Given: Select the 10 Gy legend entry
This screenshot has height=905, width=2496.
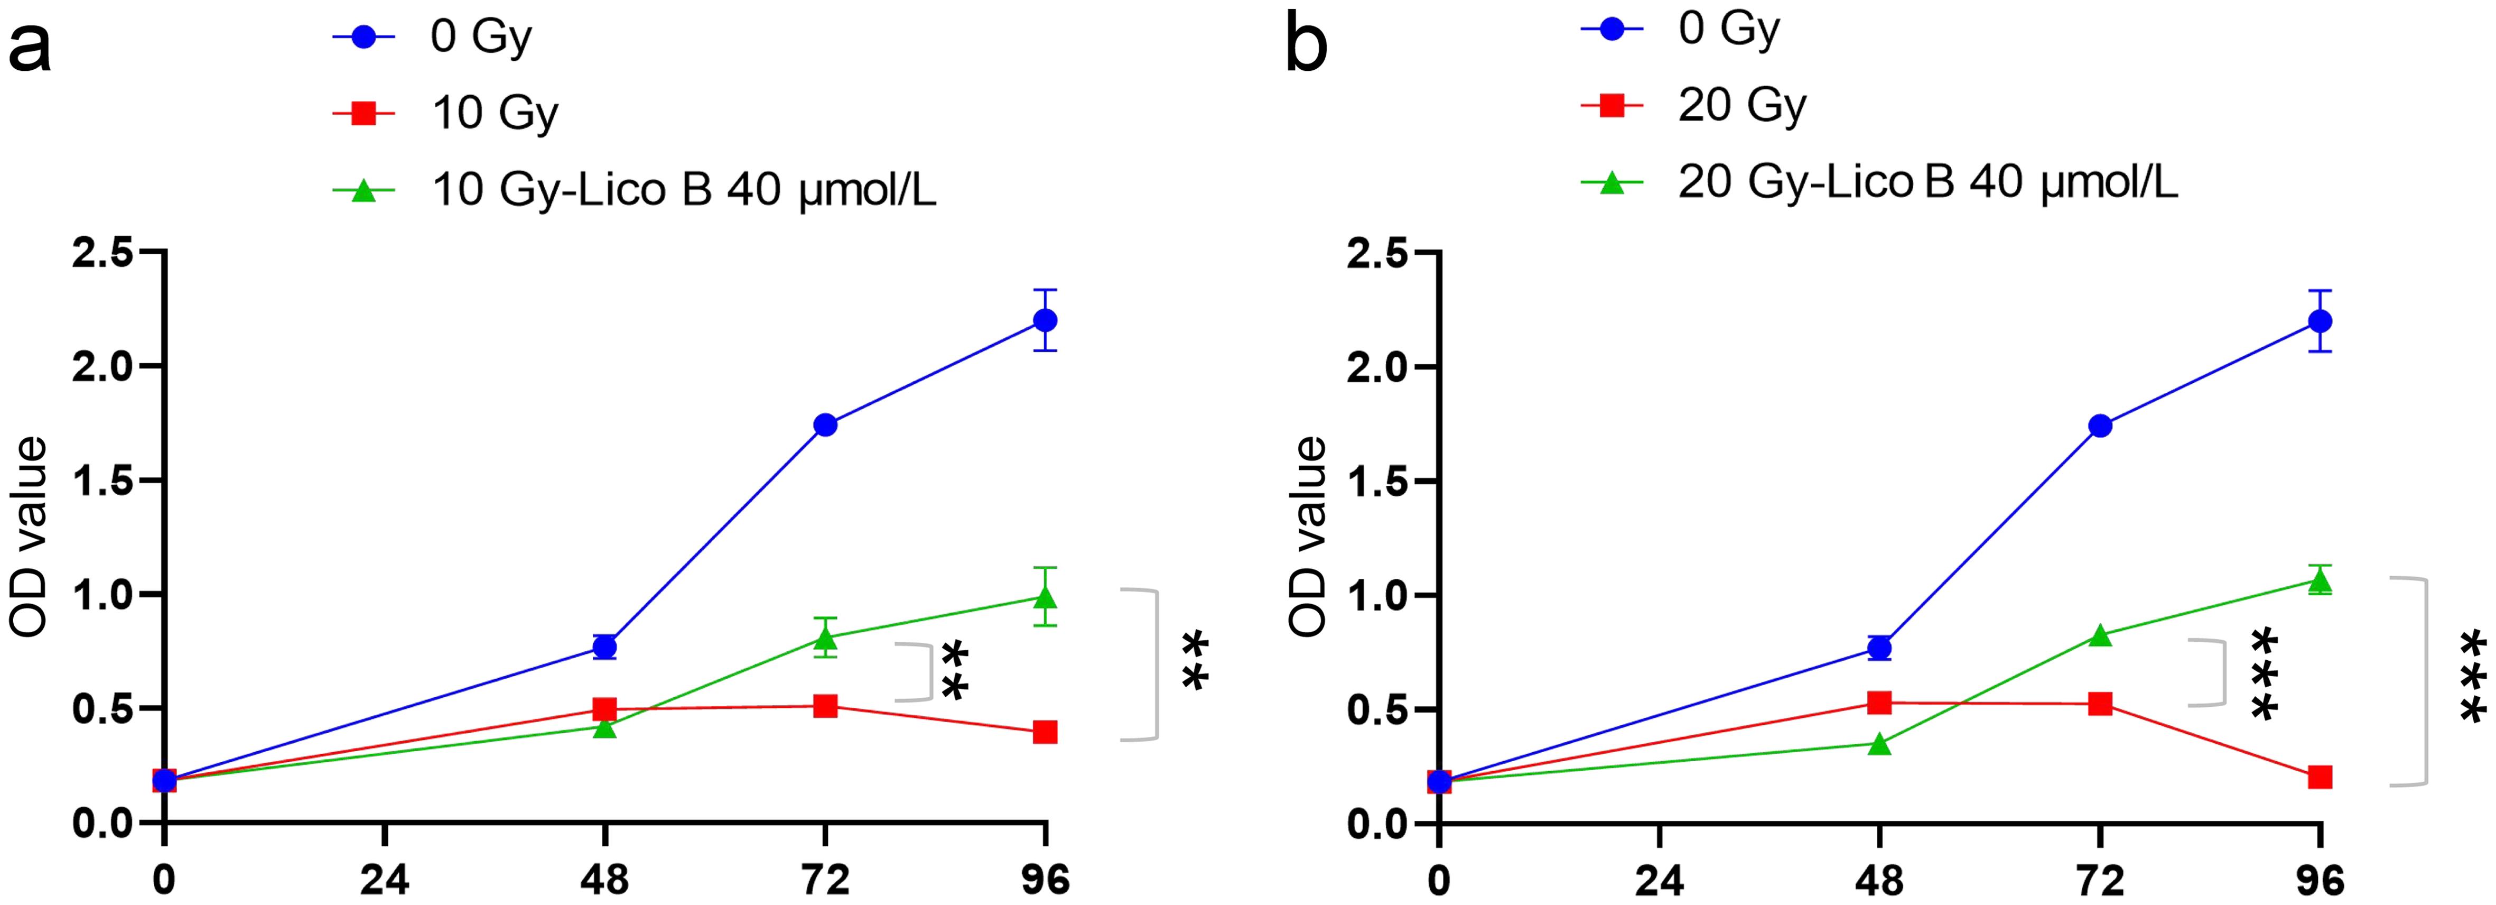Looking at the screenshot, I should tap(494, 113).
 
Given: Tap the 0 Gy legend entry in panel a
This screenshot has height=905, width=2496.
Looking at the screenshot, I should tap(481, 37).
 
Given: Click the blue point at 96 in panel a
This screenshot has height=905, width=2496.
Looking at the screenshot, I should tap(1045, 320).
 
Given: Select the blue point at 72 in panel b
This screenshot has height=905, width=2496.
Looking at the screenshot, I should tap(2100, 426).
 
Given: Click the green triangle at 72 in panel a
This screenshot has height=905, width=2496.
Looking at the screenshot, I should tap(825, 638).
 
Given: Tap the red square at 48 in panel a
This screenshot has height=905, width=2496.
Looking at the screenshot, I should tap(604, 709).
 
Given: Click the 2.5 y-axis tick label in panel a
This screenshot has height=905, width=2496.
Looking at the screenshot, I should tap(102, 253).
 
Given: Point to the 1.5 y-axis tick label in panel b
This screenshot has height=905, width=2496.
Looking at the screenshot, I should tap(1377, 482).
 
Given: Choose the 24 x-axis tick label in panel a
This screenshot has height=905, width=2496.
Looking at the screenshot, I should tap(385, 880).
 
